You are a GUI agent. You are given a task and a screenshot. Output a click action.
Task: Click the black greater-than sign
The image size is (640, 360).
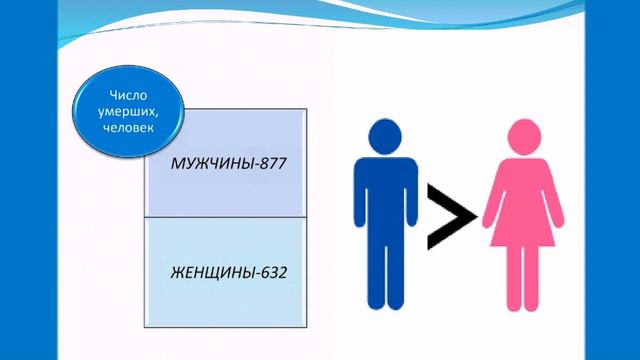point(448,213)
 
